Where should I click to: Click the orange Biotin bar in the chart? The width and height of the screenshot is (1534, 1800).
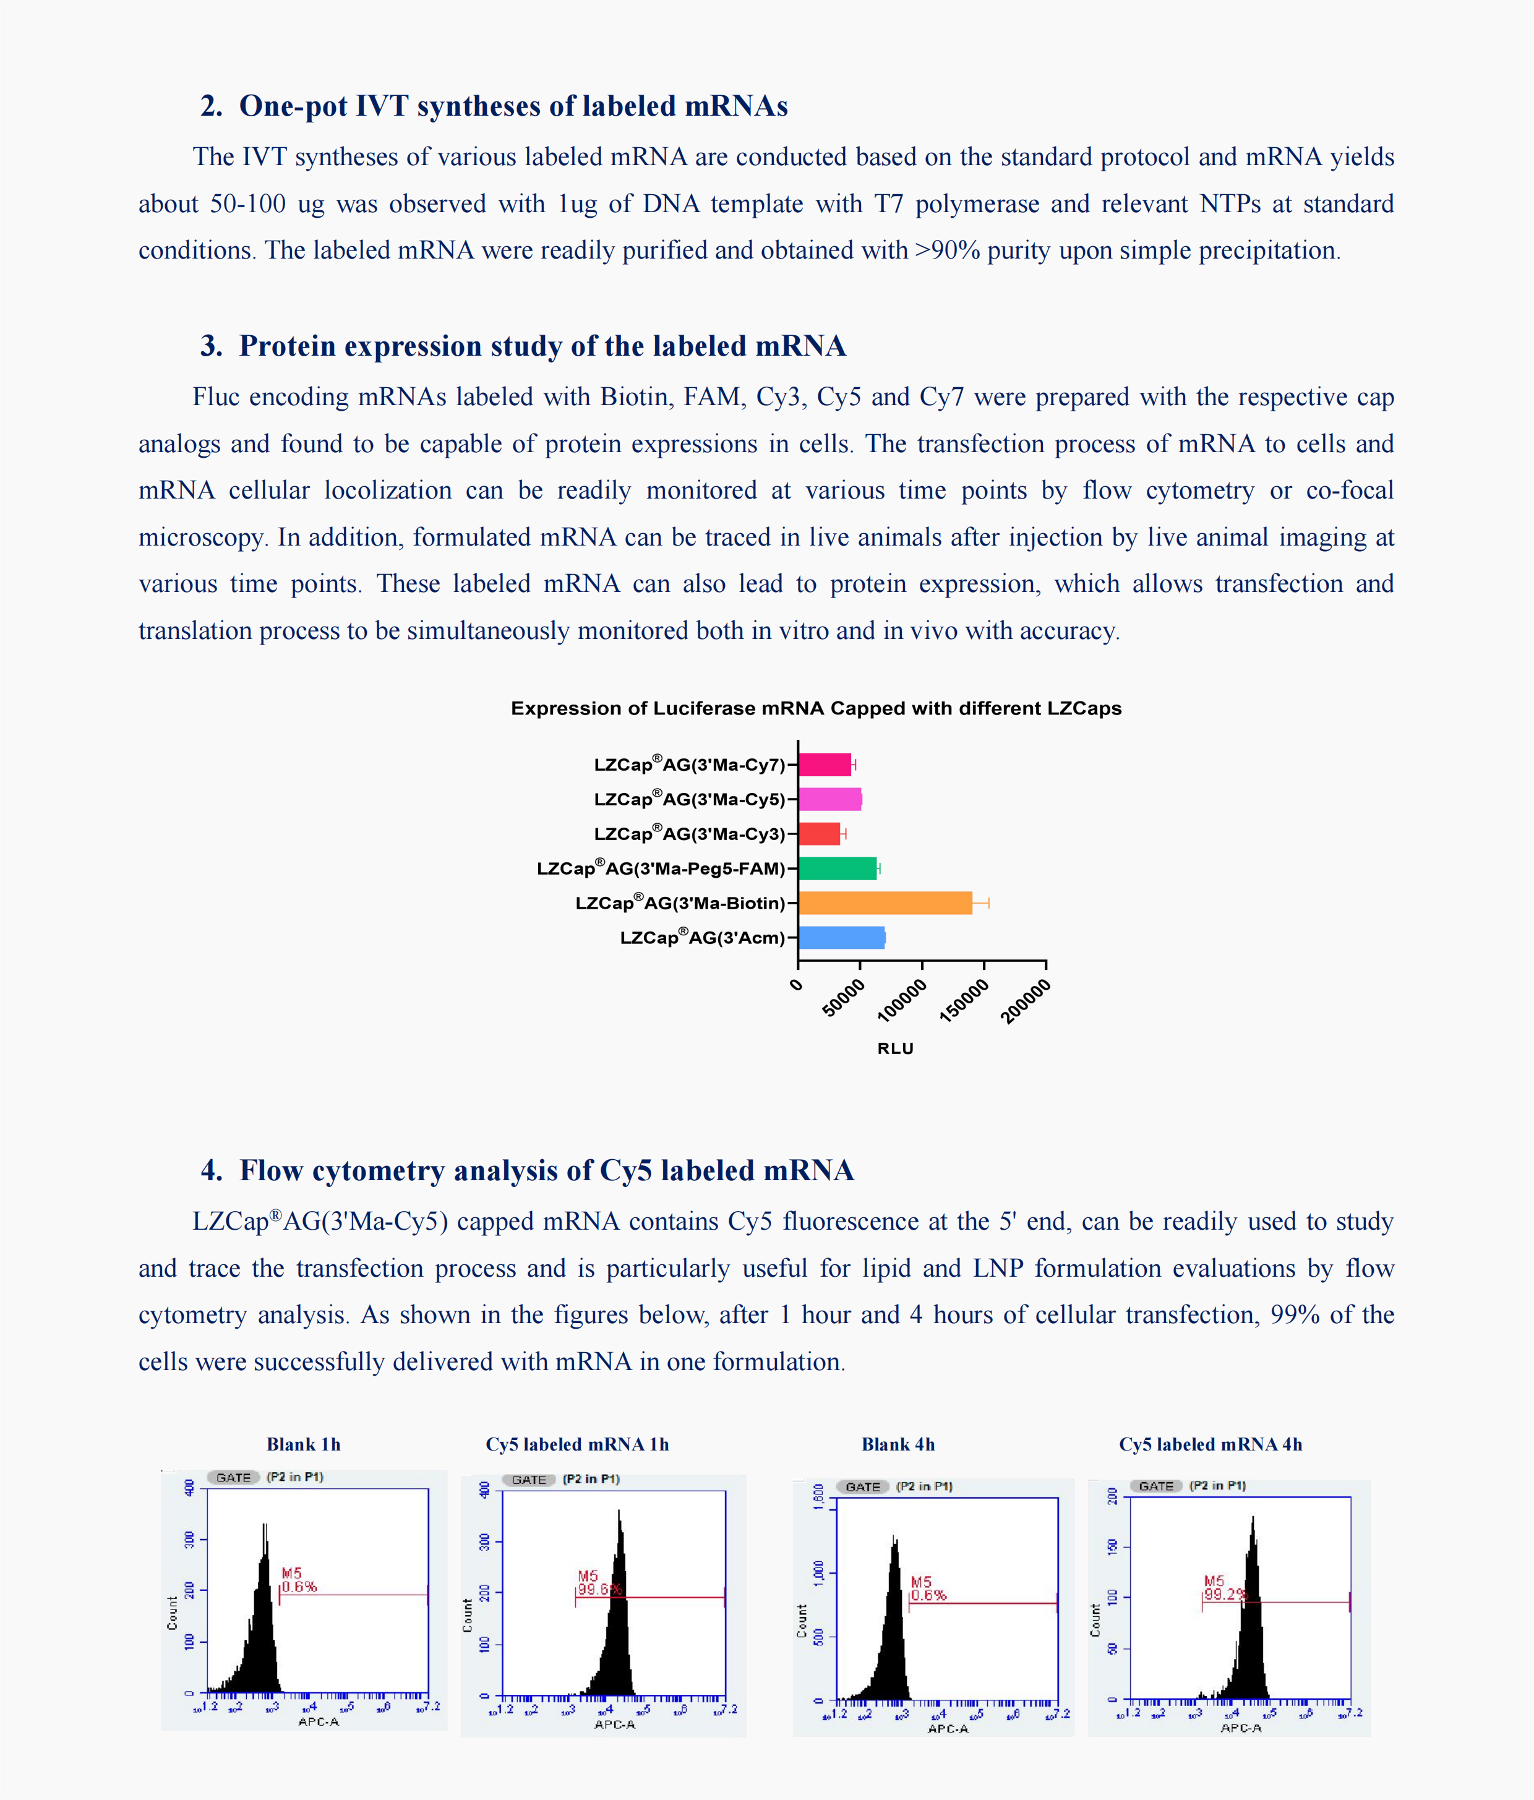[x=885, y=902]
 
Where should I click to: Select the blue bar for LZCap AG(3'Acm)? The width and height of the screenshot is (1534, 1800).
[x=841, y=937]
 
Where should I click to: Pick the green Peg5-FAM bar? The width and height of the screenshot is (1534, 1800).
[x=836, y=868]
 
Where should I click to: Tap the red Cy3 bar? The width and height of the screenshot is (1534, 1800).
[x=818, y=833]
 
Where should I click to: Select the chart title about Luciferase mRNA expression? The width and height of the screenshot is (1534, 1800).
[x=816, y=708]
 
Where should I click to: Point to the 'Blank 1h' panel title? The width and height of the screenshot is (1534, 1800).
[x=303, y=1444]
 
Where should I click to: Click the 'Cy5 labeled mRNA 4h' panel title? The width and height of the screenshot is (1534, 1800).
[x=1210, y=1444]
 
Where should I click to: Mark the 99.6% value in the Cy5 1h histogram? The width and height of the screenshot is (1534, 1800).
[x=599, y=1589]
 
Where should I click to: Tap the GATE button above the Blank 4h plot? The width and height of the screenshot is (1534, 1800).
[x=862, y=1486]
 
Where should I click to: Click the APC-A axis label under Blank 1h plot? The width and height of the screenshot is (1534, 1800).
[x=318, y=1721]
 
